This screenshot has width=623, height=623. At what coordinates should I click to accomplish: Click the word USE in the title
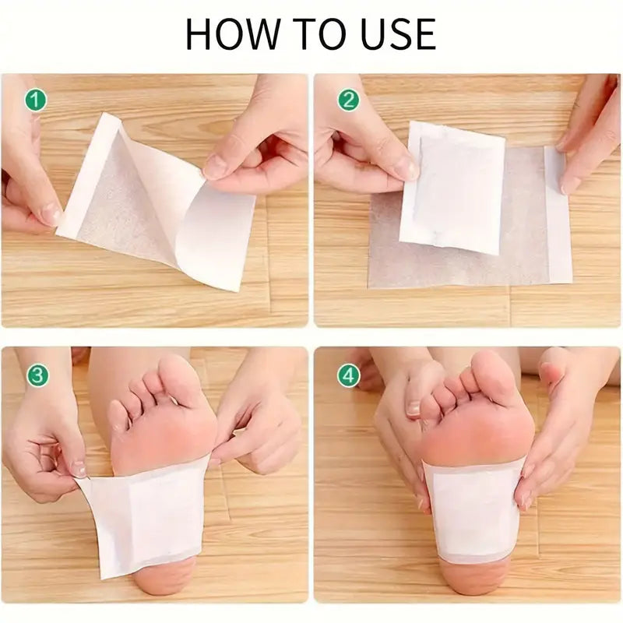(393, 34)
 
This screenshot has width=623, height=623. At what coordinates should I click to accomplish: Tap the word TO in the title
(313, 34)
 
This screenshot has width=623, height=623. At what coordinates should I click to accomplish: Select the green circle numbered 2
(348, 100)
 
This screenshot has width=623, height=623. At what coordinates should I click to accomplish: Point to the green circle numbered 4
(348, 375)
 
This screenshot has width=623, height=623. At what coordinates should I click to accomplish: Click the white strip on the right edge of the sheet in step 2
(558, 214)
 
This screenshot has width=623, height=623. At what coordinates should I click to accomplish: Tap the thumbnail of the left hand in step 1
(48, 214)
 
